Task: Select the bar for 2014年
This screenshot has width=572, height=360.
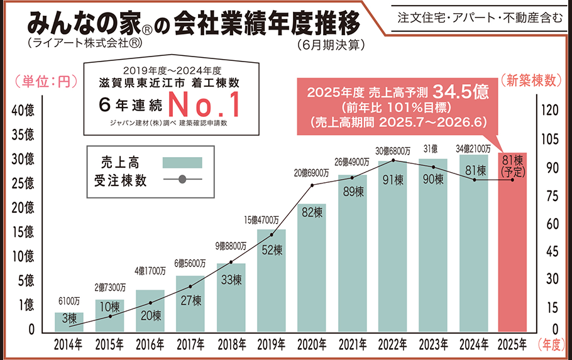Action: pos(69,322)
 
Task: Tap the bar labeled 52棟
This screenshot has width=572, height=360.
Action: pos(271,280)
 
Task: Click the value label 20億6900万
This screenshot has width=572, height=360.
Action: pos(312,172)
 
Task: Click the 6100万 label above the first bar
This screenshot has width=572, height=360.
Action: pos(69,300)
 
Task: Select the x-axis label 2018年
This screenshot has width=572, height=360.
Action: pos(231,344)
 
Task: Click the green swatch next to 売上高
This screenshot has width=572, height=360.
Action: pos(182,162)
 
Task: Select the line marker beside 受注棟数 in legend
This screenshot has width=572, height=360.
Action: pos(182,180)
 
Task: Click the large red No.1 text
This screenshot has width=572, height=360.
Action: pos(204,104)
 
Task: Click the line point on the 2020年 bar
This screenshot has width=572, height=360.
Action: pos(312,185)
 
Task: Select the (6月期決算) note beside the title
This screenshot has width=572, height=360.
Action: pos(329,45)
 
